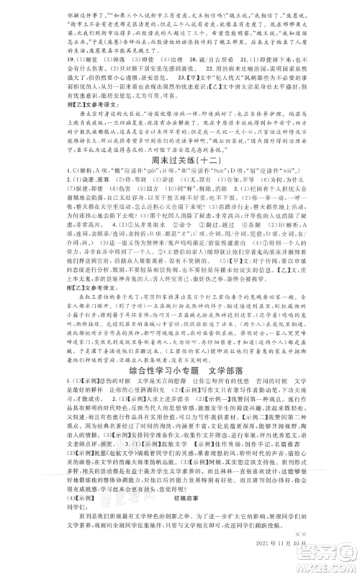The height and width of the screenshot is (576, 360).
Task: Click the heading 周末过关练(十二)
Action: (x=180, y=182)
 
